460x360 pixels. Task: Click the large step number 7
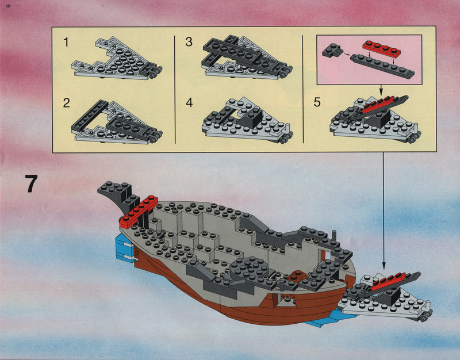point(31,183)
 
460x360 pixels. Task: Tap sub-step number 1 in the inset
point(66,42)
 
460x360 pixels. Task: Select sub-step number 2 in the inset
point(66,103)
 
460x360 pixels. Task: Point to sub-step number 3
point(189,42)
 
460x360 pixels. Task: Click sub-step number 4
point(189,103)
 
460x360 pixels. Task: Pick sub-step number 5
point(317,102)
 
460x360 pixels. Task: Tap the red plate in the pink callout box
point(381,48)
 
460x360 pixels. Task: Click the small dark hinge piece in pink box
point(332,50)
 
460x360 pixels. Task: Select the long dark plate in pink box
point(382,66)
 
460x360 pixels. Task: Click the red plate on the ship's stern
point(139,212)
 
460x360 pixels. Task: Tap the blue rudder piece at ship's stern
point(125,249)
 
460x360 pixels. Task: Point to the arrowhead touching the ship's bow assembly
point(383,265)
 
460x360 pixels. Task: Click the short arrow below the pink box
point(381,90)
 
